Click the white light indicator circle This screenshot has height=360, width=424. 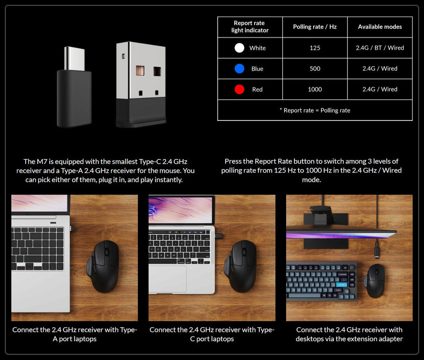[239, 48]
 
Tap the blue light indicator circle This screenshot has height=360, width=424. [239, 69]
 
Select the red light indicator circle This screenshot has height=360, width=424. [239, 89]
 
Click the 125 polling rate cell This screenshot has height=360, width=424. [315, 48]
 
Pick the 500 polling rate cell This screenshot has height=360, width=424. [315, 69]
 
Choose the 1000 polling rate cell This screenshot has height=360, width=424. [315, 89]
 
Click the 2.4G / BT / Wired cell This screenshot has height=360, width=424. [380, 48]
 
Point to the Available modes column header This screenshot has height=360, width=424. [380, 27]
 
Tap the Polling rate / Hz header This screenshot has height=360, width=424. [315, 27]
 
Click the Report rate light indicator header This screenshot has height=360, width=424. [250, 27]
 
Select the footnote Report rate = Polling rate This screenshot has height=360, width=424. [315, 110]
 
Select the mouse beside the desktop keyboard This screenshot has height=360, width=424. [374, 281]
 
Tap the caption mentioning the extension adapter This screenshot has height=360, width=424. [349, 334]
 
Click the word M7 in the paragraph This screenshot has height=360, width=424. [43, 161]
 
